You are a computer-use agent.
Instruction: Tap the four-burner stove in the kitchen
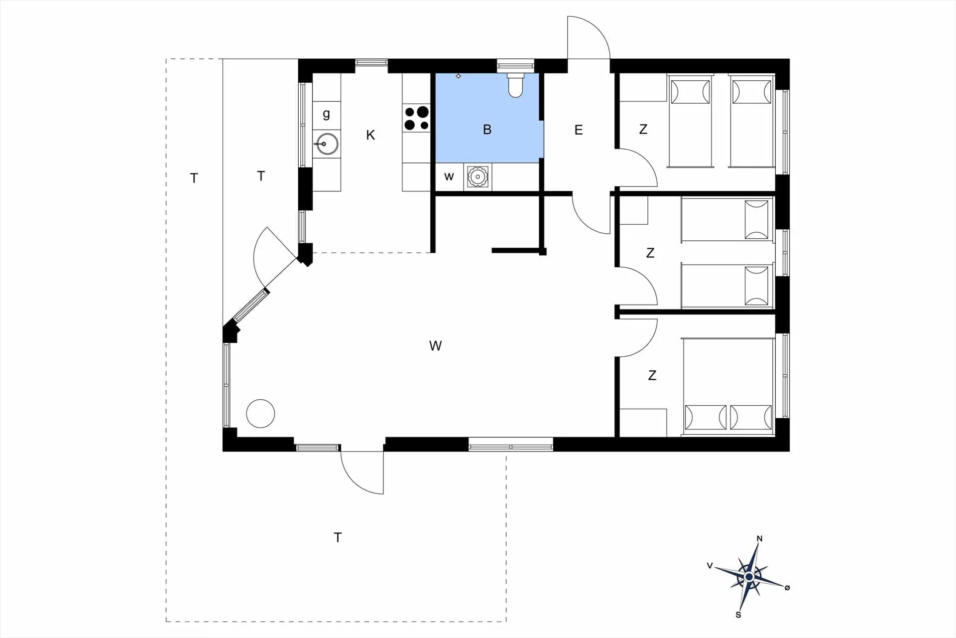coord(416,119)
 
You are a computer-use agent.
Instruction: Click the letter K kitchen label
coord(370,135)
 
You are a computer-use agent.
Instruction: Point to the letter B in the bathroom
coord(487,130)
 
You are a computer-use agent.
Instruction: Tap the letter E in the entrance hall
coord(579,130)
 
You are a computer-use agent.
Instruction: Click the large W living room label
coord(435,346)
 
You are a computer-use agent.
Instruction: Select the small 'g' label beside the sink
coord(326,114)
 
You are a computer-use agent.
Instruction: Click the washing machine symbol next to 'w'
coord(478,176)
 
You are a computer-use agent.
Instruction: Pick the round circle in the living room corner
coord(260,414)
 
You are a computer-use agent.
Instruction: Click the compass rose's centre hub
coord(749,577)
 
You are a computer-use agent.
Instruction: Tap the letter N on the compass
coord(759,538)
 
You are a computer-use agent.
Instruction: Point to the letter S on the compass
coord(738,615)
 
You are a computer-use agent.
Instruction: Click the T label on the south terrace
coord(338,537)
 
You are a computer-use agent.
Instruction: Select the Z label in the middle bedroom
coord(650,253)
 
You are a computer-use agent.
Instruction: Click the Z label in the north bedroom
coord(643,130)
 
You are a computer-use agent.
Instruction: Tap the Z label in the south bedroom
coord(652,375)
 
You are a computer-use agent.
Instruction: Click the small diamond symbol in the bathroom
coord(459,76)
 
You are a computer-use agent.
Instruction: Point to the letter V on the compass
coord(710,566)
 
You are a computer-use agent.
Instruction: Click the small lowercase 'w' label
coord(449,176)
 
